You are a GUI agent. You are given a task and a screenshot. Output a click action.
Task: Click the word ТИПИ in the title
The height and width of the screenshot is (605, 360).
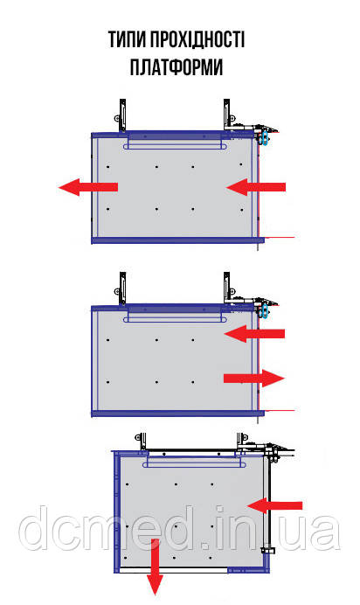pyautogui.click(x=127, y=39)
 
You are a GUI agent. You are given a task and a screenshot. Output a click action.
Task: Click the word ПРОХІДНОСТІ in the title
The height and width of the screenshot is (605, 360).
pyautogui.click(x=197, y=39)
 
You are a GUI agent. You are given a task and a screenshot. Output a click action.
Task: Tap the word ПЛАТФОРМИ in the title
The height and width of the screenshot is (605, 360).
pyautogui.click(x=177, y=67)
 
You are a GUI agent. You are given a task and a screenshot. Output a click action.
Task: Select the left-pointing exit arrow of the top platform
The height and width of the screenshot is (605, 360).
pyautogui.click(x=88, y=187)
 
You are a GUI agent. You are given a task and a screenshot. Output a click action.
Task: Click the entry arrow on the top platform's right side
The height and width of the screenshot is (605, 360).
pyautogui.click(x=256, y=187)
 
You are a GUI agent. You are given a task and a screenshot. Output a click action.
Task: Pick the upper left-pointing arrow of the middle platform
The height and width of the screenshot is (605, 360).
pyautogui.click(x=254, y=333)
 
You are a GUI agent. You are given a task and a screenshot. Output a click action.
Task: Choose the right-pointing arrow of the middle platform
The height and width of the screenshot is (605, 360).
pyautogui.click(x=254, y=378)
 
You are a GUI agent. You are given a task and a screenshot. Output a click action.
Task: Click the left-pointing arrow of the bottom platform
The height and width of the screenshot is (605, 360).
pyautogui.click(x=274, y=505)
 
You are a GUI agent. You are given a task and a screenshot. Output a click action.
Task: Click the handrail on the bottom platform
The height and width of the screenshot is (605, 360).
pyautogui.click(x=194, y=462)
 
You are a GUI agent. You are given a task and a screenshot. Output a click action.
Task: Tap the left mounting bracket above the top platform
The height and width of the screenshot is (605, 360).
pyautogui.click(x=121, y=115)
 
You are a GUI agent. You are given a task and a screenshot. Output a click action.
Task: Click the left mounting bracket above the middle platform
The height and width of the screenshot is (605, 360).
pyautogui.click(x=121, y=289)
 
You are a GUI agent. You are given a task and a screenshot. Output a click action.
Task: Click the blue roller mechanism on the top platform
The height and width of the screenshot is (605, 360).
pyautogui.click(x=264, y=138)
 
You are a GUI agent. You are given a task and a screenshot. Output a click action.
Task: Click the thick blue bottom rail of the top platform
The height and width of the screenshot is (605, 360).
pyautogui.click(x=177, y=240)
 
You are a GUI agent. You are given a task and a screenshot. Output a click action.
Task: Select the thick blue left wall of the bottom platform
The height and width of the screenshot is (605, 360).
pyautogui.click(x=117, y=511)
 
